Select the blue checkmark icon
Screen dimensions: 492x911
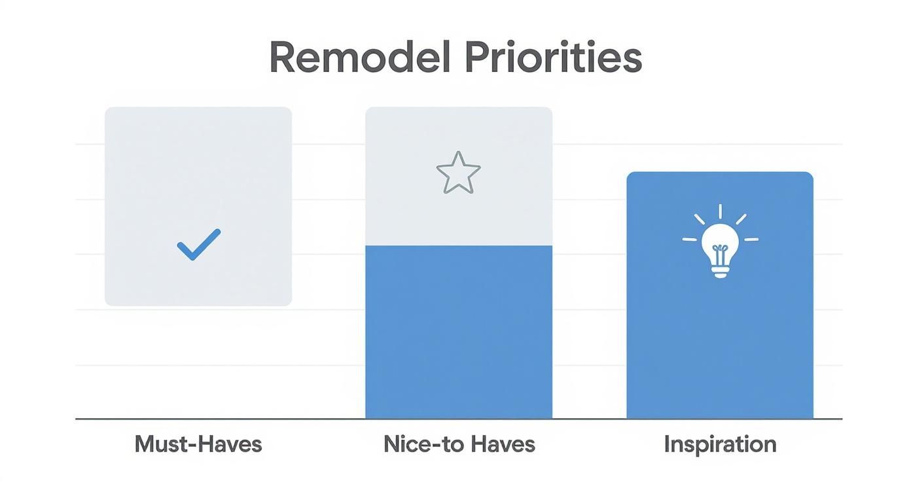click(x=198, y=245)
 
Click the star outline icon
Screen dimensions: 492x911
click(x=458, y=173)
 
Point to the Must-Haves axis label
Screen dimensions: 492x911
click(x=198, y=444)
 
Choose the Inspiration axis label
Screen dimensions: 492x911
click(x=720, y=444)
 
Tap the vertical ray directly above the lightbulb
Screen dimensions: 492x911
click(x=720, y=211)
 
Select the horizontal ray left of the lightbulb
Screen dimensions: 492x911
click(x=689, y=239)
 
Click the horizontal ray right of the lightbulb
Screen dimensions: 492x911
click(x=751, y=239)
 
